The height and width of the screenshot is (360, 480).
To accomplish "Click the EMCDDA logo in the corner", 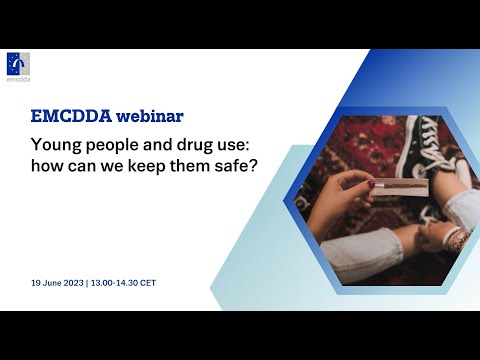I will point(18,66).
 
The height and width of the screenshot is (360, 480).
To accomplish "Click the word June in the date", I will point(57,283).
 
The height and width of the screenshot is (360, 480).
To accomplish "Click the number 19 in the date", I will point(37,283).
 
